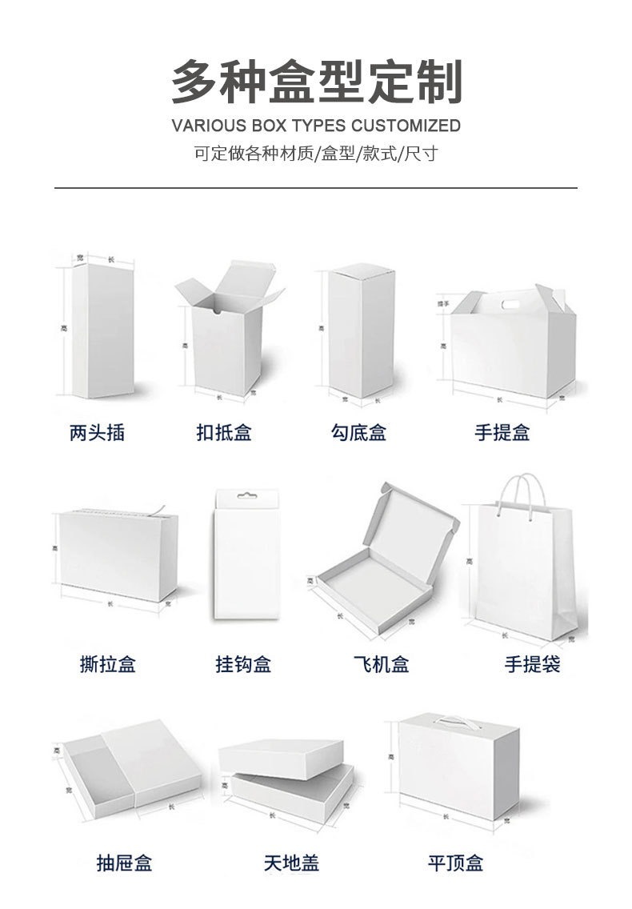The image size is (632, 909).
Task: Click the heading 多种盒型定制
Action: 316,82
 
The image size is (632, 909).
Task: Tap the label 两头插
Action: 97,433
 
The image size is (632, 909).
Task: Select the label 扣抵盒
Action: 224,433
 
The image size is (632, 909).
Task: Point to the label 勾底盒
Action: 359,433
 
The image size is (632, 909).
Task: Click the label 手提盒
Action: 502,433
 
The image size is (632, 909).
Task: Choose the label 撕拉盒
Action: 108,664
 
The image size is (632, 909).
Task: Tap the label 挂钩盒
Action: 243,664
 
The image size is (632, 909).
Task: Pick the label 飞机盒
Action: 381,664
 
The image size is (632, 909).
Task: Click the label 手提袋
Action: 532,664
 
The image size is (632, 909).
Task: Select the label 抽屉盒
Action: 124,863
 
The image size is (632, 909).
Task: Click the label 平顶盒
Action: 455,863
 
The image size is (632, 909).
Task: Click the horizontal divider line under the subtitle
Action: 316,188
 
